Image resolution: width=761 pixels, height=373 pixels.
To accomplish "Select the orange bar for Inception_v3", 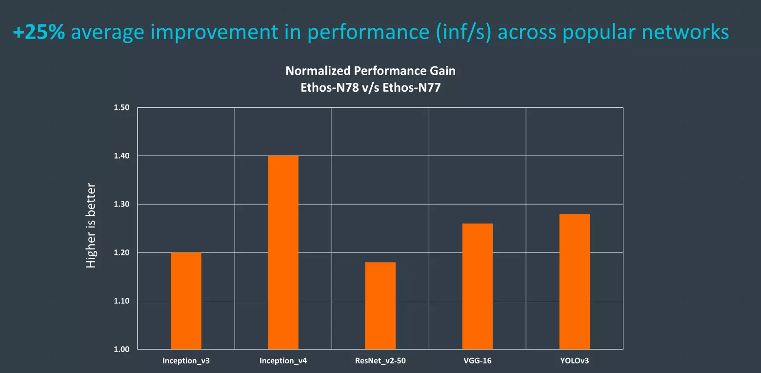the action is [186, 301].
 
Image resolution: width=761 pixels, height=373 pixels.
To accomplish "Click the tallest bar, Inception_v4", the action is [283, 252].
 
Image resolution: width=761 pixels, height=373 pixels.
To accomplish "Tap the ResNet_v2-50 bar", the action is [380, 306].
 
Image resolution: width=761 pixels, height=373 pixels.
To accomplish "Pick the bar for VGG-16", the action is [477, 286].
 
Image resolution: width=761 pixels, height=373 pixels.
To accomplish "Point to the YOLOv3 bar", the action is [575, 282].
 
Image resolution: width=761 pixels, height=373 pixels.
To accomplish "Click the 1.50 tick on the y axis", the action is [121, 107].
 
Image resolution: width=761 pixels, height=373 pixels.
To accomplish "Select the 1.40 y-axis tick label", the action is [121, 156].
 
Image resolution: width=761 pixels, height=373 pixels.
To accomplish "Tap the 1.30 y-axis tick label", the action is [121, 204].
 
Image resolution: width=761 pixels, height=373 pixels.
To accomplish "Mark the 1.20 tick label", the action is [121, 252].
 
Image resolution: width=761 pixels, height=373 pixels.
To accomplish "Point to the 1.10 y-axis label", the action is [121, 301].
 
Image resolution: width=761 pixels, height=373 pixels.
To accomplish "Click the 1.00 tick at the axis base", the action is [121, 349].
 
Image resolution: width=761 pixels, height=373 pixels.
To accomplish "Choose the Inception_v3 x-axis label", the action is [186, 361].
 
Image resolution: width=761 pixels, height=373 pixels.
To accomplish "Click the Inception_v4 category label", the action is [283, 361].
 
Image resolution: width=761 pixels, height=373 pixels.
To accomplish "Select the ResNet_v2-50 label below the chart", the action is [380, 361].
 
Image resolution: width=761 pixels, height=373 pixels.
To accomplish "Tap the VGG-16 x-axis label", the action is [477, 361].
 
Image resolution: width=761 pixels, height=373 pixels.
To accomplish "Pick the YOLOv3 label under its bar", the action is [575, 361].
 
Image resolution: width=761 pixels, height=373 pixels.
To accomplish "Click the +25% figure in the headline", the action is [39, 32].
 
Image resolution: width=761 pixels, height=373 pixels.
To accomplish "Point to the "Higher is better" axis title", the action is [91, 226].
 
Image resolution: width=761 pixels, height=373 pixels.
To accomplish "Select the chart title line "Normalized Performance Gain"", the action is [370, 71].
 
